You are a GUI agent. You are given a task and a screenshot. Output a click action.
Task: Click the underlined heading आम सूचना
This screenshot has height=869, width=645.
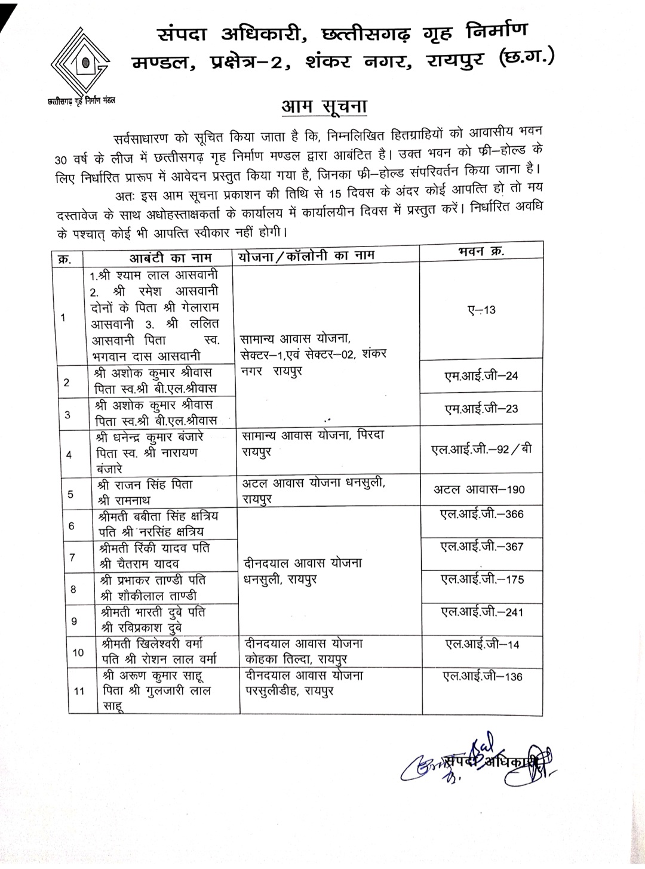coord(324,107)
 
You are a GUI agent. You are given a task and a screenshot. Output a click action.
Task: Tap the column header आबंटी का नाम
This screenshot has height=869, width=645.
coord(157,258)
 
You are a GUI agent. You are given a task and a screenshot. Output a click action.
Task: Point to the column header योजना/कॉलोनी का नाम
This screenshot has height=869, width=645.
coord(306,255)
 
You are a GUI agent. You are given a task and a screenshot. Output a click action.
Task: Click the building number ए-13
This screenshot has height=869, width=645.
coord(481,310)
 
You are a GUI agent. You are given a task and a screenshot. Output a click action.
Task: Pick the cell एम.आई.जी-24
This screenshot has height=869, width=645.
coord(481,376)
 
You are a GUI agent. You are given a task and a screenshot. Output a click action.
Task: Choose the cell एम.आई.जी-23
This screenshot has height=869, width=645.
coord(481,409)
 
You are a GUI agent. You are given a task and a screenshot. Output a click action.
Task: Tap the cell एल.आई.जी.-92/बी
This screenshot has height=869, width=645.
coord(481,449)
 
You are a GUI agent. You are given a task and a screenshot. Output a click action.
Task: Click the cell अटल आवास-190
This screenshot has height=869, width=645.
coord(479,489)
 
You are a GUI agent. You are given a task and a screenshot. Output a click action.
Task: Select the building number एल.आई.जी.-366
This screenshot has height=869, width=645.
coord(481,514)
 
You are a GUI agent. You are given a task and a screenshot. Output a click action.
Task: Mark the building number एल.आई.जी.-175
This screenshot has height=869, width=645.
coord(481,579)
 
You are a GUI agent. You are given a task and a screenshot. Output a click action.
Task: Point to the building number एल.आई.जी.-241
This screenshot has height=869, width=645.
coord(481,612)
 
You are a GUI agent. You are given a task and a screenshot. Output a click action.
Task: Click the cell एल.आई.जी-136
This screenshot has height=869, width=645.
coord(482,676)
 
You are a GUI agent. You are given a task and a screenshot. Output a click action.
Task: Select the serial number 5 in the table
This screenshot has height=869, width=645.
coord(71,494)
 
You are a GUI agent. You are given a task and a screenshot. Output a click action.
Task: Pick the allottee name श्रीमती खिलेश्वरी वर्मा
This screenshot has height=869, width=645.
coord(152,644)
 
